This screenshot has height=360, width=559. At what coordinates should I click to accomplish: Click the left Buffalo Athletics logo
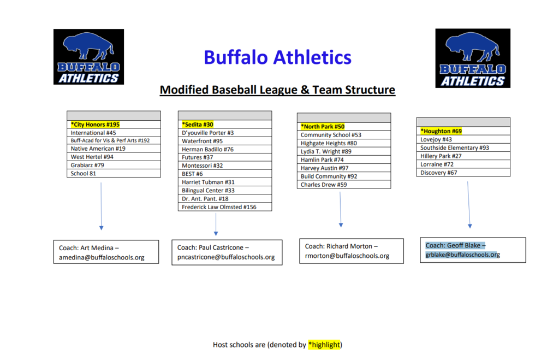coord(88,57)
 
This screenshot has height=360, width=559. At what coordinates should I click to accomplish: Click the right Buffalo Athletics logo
coord(473,58)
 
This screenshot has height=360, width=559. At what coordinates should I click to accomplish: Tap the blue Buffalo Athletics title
coord(277,57)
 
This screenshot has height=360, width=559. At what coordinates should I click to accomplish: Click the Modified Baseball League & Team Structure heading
coord(277,90)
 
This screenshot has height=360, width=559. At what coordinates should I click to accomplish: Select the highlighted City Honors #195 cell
coord(95,125)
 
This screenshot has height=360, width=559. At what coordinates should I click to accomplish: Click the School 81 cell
coord(84,174)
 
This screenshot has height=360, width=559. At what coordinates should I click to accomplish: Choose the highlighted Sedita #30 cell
coord(198,125)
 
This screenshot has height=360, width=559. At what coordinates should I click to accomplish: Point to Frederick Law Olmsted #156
coord(219,207)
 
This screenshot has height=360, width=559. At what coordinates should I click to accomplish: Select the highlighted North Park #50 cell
coord(323,127)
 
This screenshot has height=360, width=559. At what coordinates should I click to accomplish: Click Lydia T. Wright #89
coord(326,151)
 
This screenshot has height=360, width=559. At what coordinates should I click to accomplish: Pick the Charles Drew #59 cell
coord(324,185)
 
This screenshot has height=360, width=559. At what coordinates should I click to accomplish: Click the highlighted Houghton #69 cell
coord(441,131)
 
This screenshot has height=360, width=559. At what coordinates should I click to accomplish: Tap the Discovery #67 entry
coord(439,173)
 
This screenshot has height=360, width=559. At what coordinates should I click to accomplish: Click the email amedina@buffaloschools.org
coord(102,257)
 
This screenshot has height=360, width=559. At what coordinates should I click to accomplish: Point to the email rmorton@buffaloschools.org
coord(347,256)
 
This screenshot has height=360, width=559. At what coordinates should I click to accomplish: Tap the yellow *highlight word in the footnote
coord(324,345)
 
